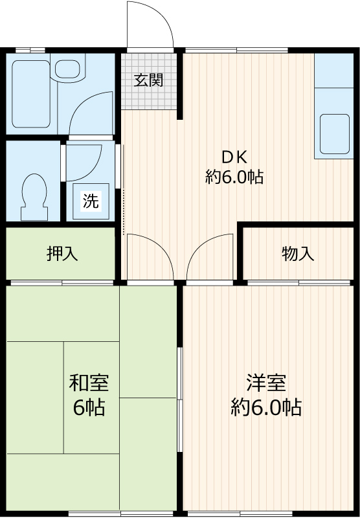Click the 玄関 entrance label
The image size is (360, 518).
(x=148, y=80)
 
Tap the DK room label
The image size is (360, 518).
(x=234, y=157)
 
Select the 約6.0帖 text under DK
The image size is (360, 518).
(x=234, y=177)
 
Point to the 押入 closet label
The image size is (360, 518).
(x=62, y=254)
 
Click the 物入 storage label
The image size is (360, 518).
(x=298, y=254)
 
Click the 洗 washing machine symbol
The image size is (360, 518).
(x=91, y=201)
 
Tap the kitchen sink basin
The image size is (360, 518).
(x=333, y=133)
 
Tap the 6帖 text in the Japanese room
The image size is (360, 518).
(x=89, y=409)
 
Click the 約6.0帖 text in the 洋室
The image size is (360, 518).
(x=265, y=407)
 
